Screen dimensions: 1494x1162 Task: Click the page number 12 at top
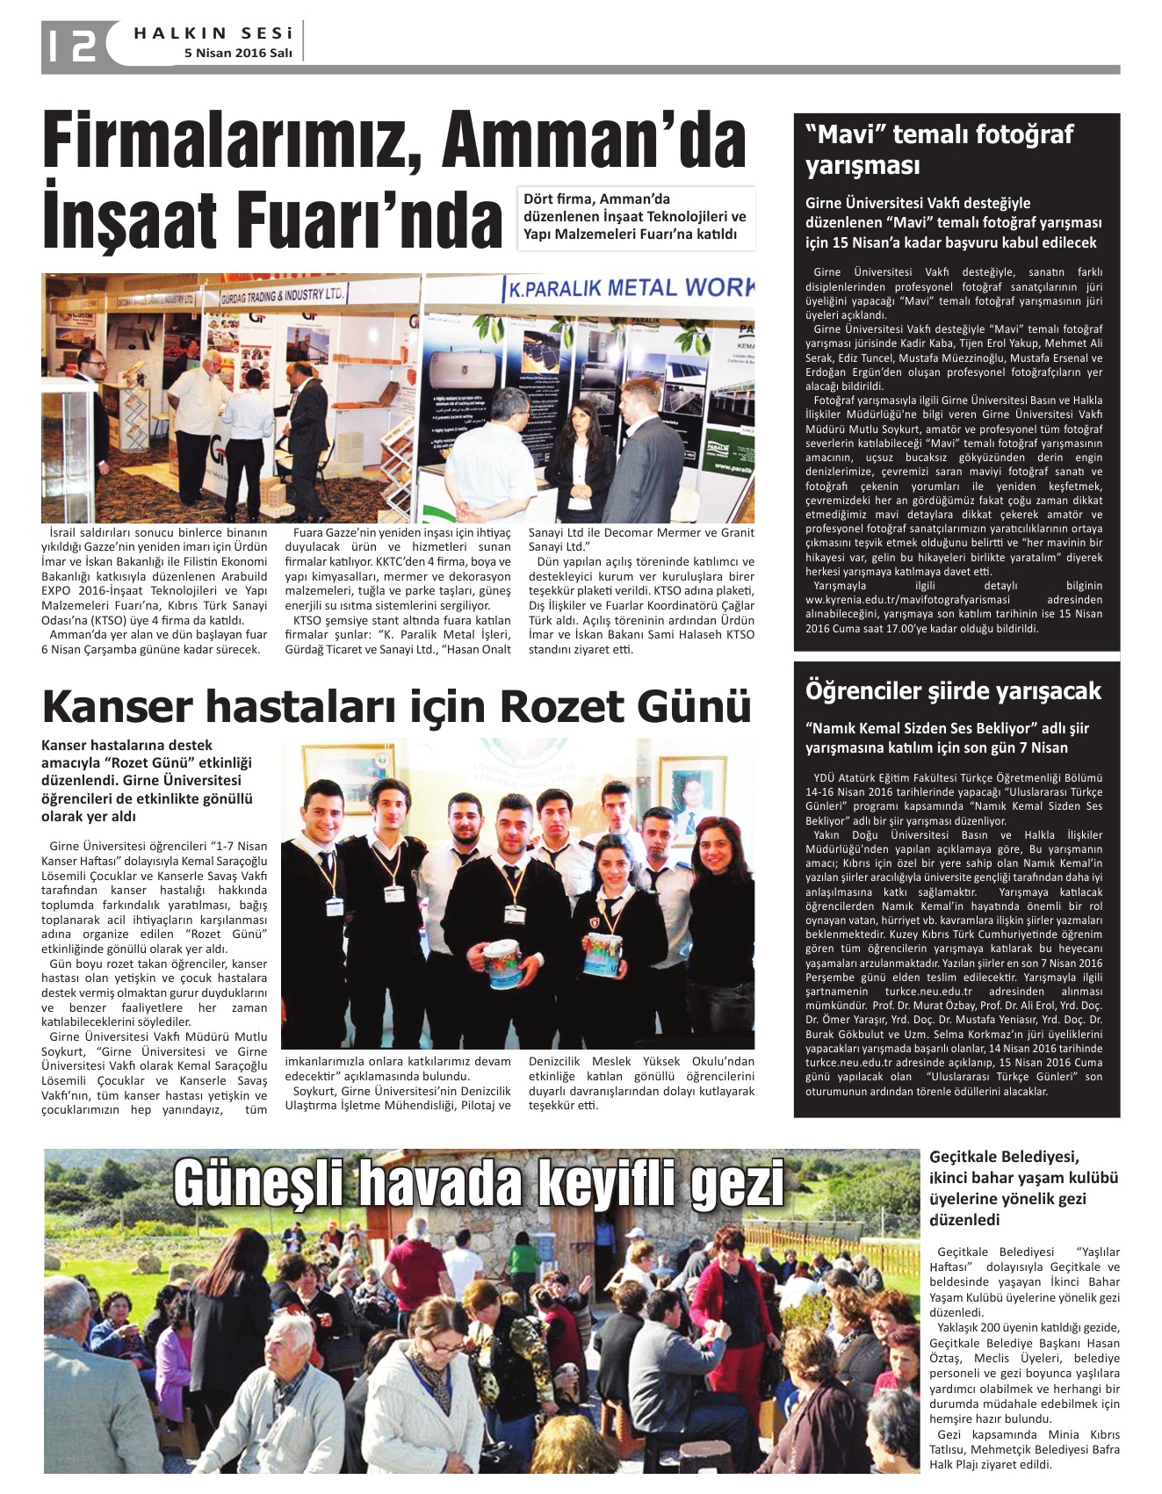point(72,45)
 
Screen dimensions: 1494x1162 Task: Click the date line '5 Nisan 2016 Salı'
point(238,54)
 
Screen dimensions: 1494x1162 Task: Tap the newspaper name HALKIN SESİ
point(213,33)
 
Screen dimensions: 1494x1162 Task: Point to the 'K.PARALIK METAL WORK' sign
point(628,288)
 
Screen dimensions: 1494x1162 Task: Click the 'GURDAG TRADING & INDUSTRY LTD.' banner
point(282,295)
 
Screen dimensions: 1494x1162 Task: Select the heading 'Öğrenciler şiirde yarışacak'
point(952,691)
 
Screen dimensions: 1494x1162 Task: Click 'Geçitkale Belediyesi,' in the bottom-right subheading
point(1004,1157)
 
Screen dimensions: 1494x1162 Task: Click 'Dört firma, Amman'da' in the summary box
point(596,199)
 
